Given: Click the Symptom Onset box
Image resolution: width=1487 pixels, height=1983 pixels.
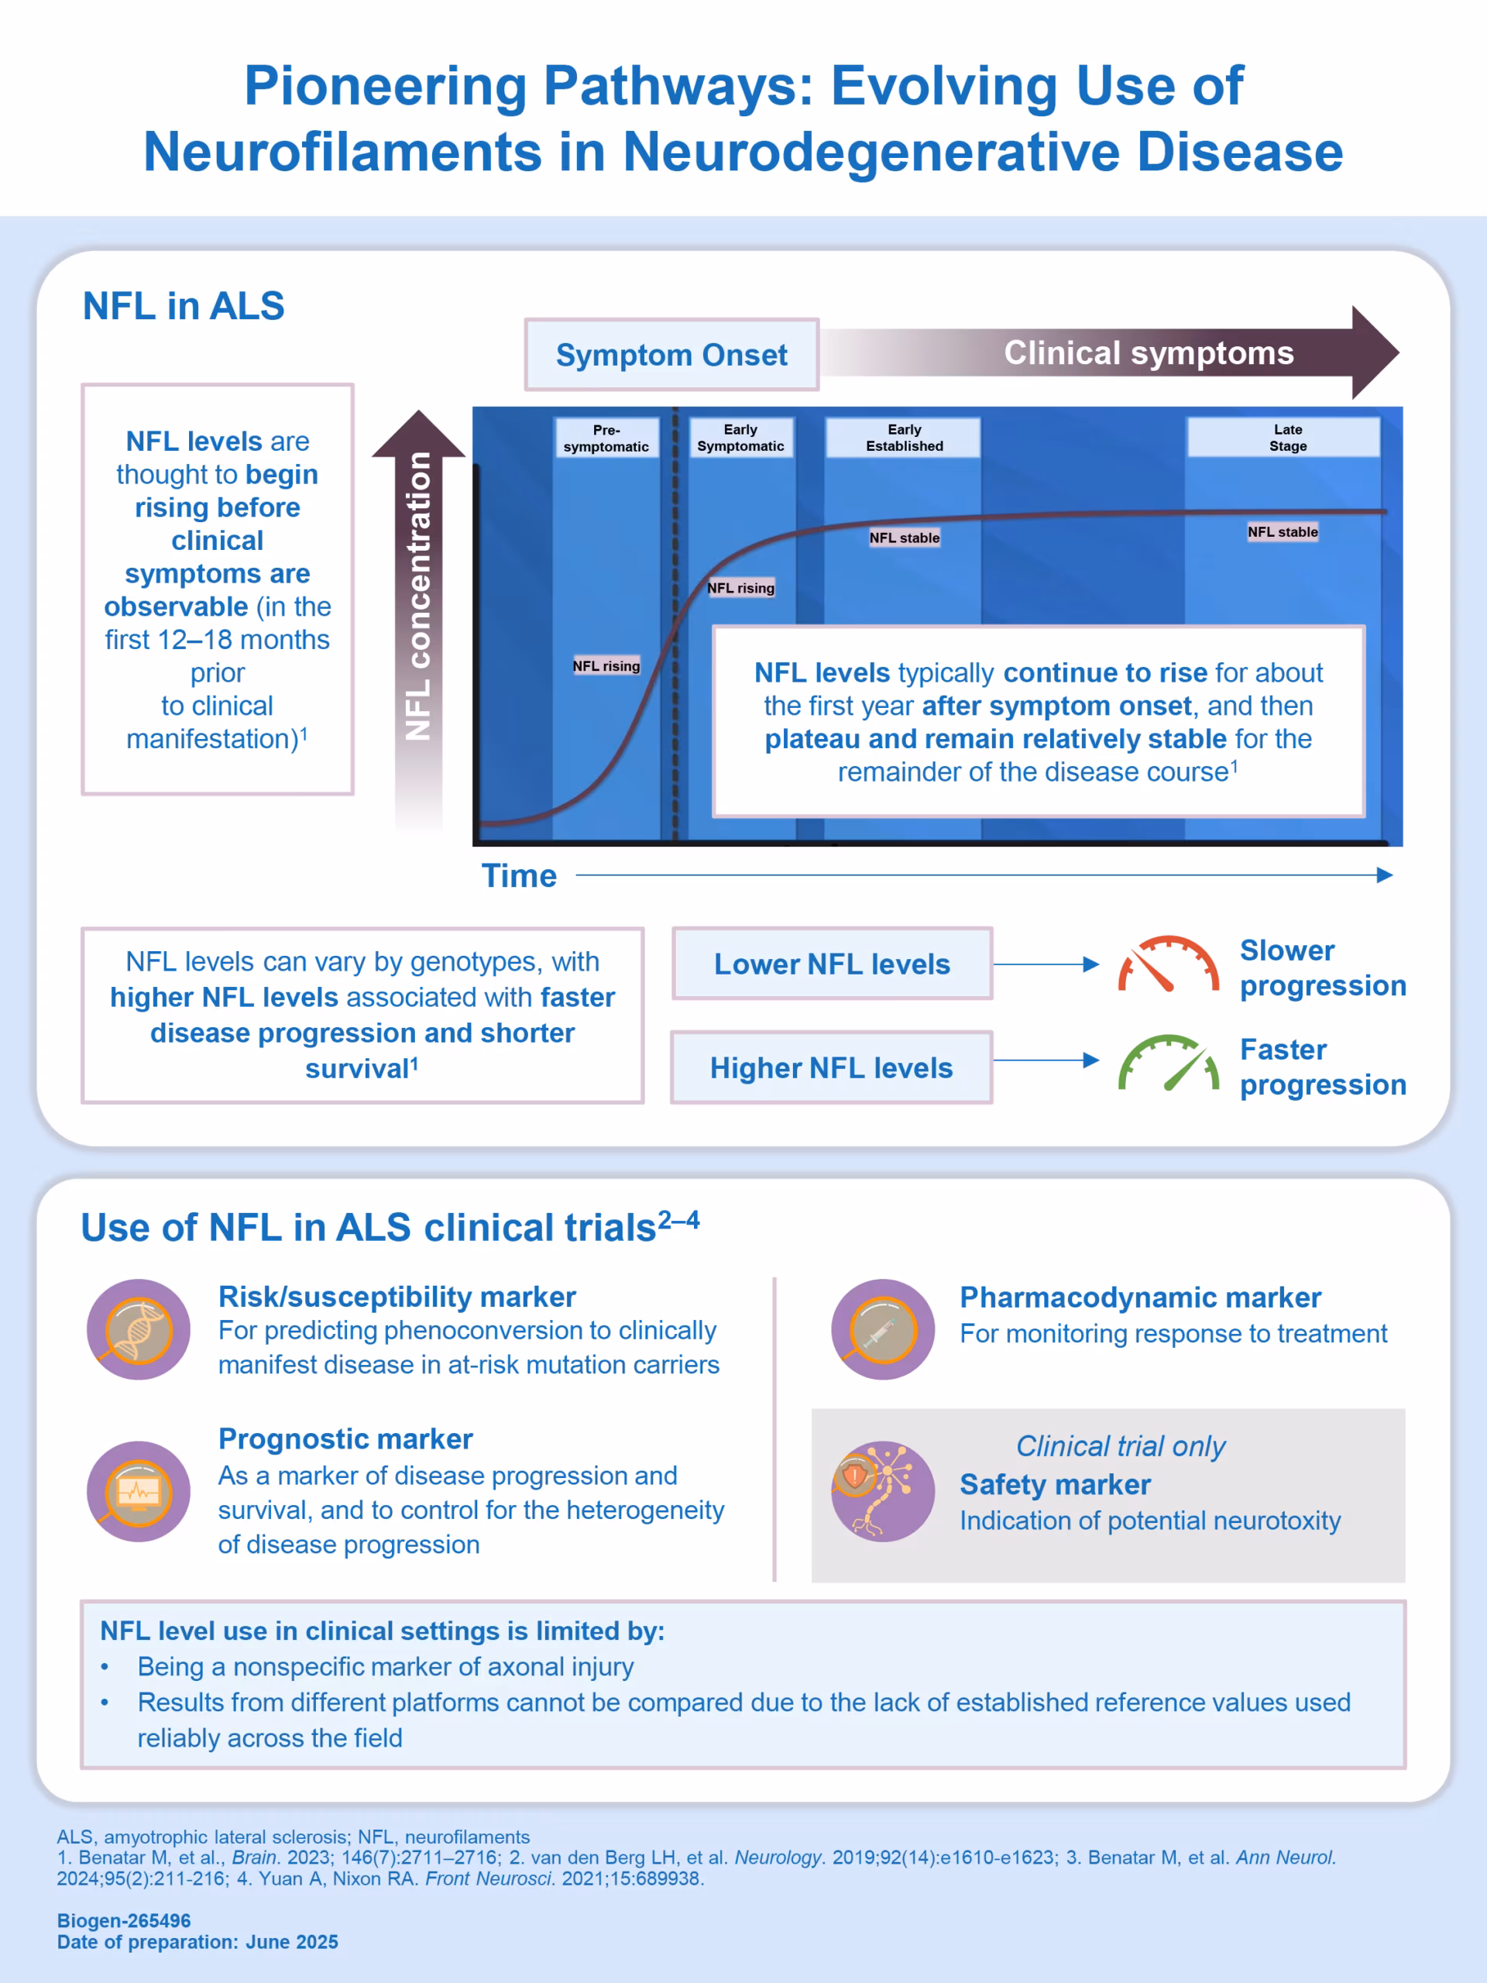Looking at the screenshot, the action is [671, 354].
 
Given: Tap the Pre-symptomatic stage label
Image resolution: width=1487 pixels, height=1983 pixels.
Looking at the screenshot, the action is [606, 438].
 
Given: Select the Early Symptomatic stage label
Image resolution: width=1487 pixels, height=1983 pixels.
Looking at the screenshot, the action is [740, 438].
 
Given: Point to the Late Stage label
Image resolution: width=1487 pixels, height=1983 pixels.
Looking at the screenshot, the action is [1287, 438].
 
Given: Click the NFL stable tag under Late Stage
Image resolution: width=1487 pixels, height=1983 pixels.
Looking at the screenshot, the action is [1283, 531].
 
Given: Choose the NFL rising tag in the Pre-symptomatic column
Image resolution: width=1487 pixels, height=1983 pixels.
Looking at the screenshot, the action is [606, 665].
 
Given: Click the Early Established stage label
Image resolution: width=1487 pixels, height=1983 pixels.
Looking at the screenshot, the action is [904, 438].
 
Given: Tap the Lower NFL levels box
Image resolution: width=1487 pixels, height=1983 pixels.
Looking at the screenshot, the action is [832, 964].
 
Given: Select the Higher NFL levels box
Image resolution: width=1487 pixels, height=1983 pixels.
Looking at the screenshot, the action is [832, 1067].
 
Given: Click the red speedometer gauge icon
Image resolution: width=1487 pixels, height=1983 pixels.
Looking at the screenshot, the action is [1167, 964].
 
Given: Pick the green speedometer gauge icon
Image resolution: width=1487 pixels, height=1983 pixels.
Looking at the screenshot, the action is [1167, 1064].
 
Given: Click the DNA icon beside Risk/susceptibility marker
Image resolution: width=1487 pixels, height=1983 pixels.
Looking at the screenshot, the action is [138, 1329].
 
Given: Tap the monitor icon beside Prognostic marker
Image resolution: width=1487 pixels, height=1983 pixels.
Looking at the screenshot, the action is [138, 1492].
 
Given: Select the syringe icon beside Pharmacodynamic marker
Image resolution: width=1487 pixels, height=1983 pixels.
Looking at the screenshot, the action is [883, 1329].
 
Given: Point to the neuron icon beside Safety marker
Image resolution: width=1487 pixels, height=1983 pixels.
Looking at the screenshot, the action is [883, 1492].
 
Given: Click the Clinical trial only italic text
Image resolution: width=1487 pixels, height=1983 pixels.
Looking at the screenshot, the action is [1121, 1446].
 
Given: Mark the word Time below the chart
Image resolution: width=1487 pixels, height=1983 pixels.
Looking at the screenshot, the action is [519, 876].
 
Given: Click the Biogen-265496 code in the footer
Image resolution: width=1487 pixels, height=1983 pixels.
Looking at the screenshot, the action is [124, 1920].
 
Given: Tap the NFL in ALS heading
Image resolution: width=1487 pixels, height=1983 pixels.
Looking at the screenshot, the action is [184, 306].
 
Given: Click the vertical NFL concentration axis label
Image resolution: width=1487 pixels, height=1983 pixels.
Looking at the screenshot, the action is [418, 596].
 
